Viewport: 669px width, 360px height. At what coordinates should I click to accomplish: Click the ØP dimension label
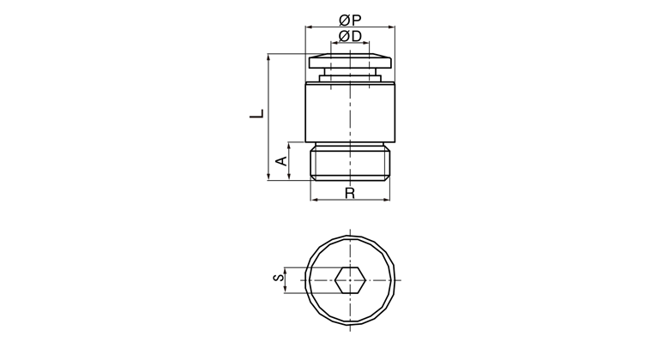pos(350,20)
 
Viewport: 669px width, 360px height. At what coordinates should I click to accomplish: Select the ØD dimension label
pos(350,36)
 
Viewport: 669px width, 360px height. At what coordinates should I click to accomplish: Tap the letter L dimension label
pos(257,114)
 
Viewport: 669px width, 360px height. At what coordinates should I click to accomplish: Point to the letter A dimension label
pos(282,161)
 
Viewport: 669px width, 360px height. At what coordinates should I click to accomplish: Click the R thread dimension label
pos(350,193)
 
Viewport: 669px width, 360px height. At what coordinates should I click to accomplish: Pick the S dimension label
pos(279,278)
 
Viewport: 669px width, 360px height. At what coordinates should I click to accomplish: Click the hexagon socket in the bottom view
pos(350,280)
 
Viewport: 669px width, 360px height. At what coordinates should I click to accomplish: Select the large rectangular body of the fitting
pos(350,112)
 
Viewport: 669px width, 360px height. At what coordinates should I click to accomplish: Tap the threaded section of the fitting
pos(350,162)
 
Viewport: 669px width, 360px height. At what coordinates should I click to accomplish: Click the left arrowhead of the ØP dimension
pos(309,27)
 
